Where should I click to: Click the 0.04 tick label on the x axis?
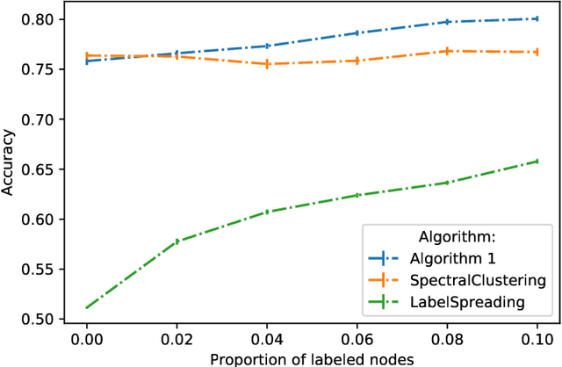point(266,338)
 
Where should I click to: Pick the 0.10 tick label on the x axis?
point(536,338)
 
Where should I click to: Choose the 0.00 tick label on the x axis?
point(86,338)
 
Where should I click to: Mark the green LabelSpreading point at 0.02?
point(177,241)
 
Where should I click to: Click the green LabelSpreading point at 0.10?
point(536,162)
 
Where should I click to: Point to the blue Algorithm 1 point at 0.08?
point(446,22)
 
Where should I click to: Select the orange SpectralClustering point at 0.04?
point(266,64)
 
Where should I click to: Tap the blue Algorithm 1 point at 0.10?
point(536,18)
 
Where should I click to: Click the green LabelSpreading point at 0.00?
point(86,307)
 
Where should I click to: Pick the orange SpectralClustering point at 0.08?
point(446,51)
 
